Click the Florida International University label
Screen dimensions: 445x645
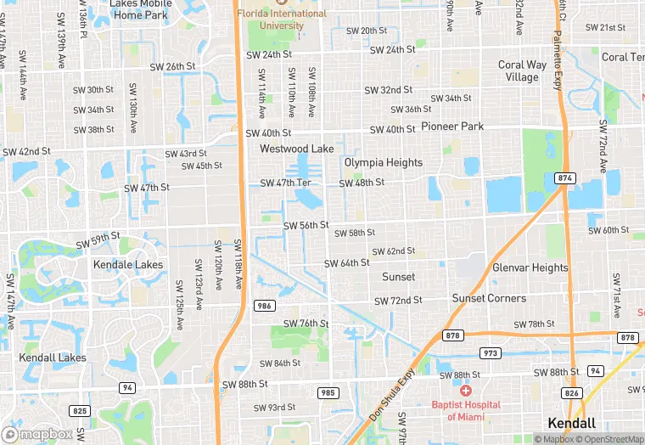pos(282,20)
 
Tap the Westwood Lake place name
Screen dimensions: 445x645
pos(297,149)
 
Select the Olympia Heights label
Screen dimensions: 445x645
pos(384,162)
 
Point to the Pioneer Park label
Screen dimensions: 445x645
pos(452,127)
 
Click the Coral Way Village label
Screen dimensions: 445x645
pos(522,70)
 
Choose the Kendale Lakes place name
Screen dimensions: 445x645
pos(127,264)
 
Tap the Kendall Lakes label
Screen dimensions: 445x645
pos(53,358)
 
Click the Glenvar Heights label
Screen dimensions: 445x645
pos(530,268)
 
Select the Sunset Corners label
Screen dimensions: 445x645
pos(488,298)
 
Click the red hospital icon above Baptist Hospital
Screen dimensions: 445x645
pos(465,390)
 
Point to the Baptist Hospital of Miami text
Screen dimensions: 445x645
pos(465,410)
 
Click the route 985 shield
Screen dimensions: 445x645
pos(328,392)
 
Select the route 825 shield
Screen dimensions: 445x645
pos(80,411)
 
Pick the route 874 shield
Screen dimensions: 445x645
pos(565,177)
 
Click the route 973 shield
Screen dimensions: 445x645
pos(491,352)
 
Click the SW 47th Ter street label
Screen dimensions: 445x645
pos(286,183)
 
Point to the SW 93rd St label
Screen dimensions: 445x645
pos(276,408)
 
